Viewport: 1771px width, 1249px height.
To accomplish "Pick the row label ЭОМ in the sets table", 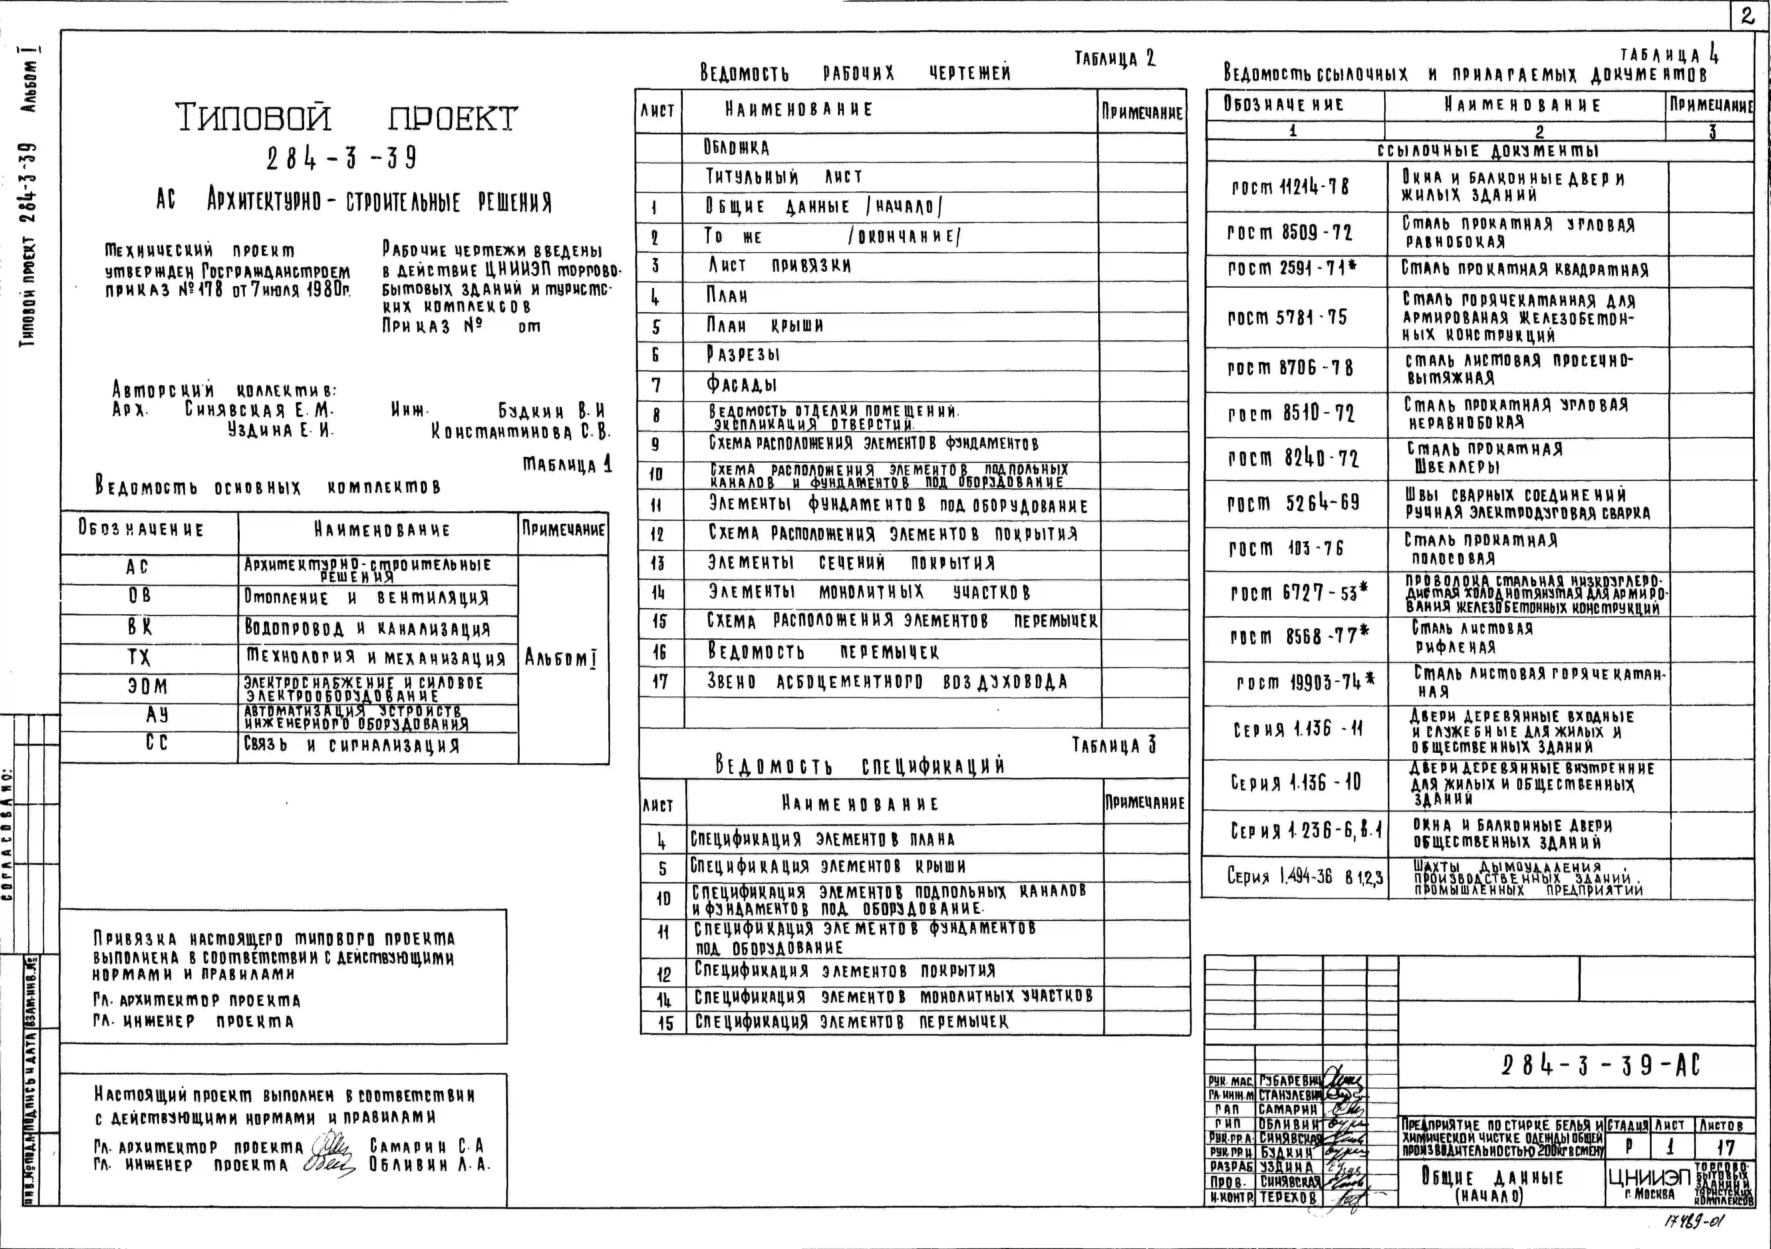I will tap(147, 686).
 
